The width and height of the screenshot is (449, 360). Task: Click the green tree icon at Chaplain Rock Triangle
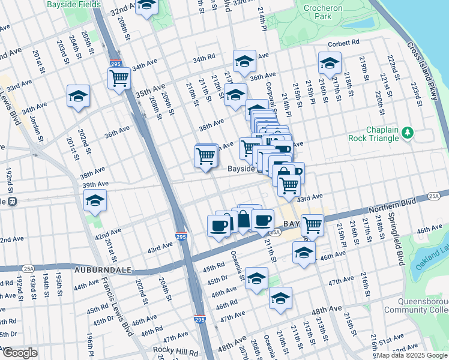(x=408, y=131)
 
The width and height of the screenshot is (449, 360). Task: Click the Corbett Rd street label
(x=343, y=43)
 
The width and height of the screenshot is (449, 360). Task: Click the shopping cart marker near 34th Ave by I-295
(x=119, y=78)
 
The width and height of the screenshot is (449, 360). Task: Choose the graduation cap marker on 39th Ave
(x=95, y=201)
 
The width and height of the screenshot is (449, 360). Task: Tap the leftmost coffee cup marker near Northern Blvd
(x=218, y=226)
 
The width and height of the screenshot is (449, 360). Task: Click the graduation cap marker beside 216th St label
(x=330, y=63)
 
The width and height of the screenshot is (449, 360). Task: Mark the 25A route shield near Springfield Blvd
(x=435, y=196)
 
